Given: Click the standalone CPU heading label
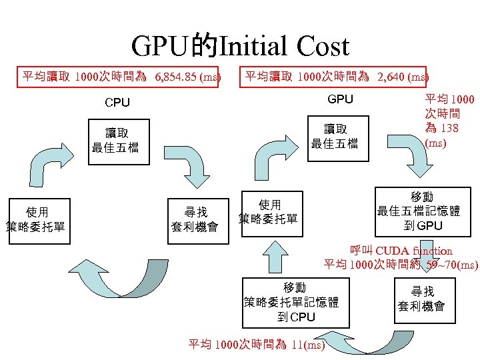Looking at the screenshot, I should point(117,103).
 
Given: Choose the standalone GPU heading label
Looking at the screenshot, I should point(340,99).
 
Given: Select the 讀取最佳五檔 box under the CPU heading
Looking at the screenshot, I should point(115,140).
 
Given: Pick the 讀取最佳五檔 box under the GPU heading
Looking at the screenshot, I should point(341,135).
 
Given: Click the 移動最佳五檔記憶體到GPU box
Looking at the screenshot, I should point(418,211).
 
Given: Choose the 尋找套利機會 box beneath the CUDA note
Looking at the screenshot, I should point(421,299).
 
